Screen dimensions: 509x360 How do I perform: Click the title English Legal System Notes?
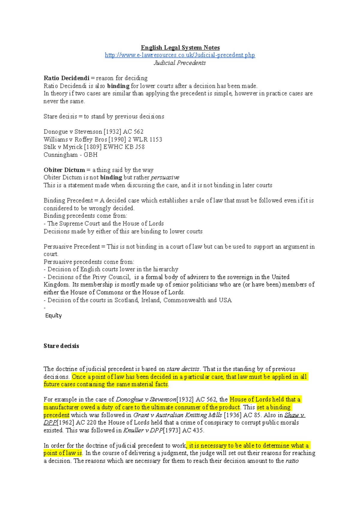pyautogui.click(x=180, y=48)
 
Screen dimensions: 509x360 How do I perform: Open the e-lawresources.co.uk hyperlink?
pyautogui.click(x=180, y=55)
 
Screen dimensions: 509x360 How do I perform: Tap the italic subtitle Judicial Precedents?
pyautogui.click(x=180, y=63)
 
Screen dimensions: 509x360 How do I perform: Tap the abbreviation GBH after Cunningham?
pyautogui.click(x=91, y=155)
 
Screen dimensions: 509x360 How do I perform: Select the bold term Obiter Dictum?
pyautogui.click(x=64, y=170)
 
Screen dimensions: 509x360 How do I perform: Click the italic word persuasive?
pyautogui.click(x=165, y=177)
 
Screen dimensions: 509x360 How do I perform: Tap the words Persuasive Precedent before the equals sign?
pyautogui.click(x=72, y=247)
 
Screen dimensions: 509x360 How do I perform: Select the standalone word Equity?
pyautogui.click(x=53, y=316)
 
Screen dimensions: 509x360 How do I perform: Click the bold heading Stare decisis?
pyautogui.click(x=61, y=346)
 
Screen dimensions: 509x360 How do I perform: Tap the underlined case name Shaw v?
pyautogui.click(x=295, y=415)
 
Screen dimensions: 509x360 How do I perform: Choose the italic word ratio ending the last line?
pyautogui.click(x=292, y=461)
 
